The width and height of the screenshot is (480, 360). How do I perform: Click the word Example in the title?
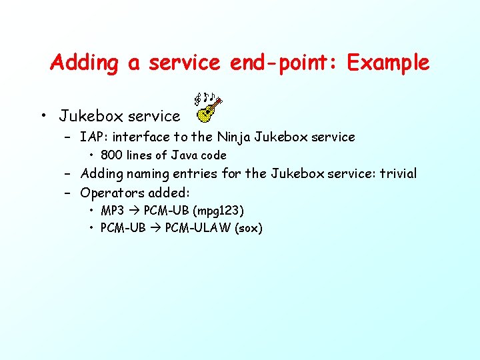click(x=388, y=63)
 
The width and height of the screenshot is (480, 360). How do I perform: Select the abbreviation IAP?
click(x=92, y=137)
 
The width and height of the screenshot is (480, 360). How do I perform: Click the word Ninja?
click(x=233, y=137)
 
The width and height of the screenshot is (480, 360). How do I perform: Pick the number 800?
click(x=112, y=155)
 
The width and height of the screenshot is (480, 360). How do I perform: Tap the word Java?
click(x=186, y=155)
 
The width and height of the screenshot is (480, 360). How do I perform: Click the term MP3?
click(x=112, y=211)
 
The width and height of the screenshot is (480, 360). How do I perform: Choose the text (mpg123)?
click(x=219, y=211)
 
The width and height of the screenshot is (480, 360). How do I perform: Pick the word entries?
click(x=198, y=174)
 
